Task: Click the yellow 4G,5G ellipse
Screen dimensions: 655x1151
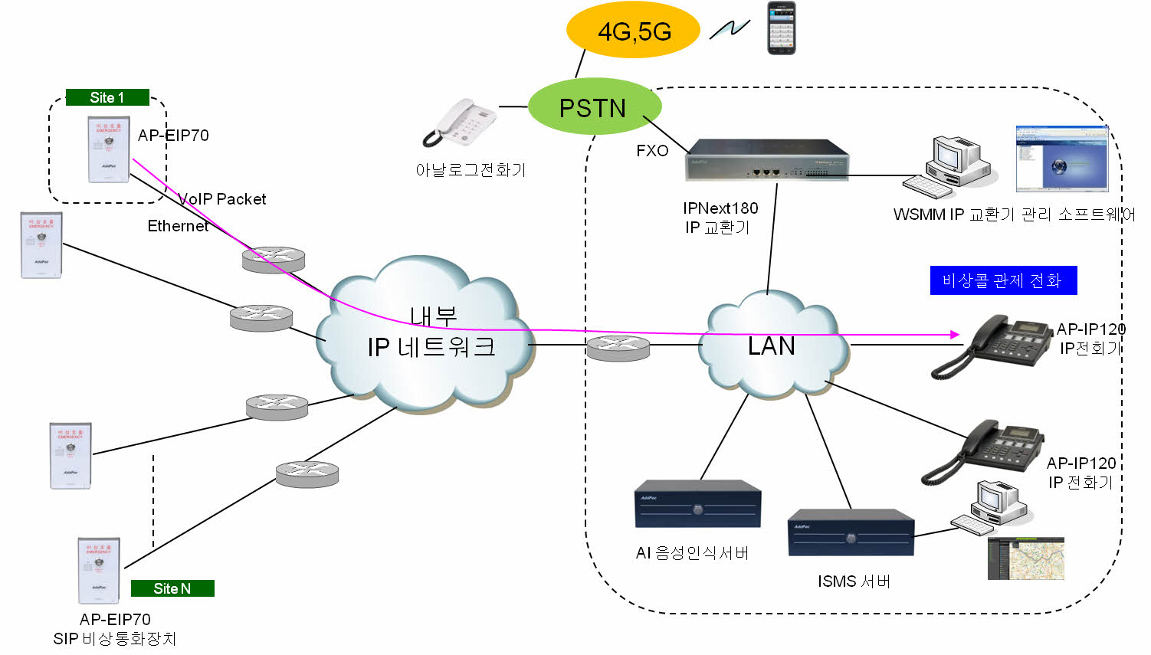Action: coord(633,31)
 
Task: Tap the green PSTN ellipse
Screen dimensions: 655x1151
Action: coord(594,107)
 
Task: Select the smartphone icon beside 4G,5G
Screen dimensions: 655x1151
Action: coord(782,28)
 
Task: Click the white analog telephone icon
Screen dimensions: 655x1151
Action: coord(461,123)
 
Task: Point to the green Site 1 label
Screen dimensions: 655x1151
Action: coord(107,97)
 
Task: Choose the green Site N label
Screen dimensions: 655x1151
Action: coord(172,588)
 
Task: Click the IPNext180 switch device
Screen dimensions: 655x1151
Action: coord(766,160)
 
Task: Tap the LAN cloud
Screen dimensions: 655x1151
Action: coord(772,346)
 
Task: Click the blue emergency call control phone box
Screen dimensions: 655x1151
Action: coord(1003,280)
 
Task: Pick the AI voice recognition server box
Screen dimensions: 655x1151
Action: coord(697,504)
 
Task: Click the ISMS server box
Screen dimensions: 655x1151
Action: coord(851,532)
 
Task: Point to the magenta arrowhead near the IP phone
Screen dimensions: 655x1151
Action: coord(955,334)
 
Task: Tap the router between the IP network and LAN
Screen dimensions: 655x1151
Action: coord(618,349)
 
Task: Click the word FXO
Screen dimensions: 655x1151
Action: coord(652,151)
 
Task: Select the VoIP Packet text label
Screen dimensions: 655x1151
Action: coord(222,199)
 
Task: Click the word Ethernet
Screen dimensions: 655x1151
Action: coord(178,226)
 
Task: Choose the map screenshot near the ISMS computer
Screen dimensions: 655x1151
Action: coord(1025,558)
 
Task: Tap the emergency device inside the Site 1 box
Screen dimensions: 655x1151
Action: coord(109,149)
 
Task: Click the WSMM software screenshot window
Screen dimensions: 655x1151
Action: coord(1061,159)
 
